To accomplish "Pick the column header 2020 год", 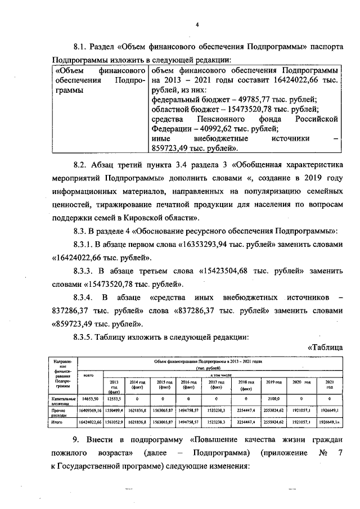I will (303, 382).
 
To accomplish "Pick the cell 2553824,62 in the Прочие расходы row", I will (274, 411).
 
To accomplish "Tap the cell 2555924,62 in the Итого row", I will (274, 421).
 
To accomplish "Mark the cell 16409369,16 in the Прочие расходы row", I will (90, 411).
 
